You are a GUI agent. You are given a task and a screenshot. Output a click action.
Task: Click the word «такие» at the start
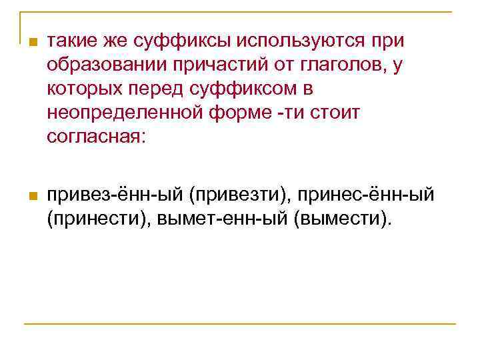pyautogui.click(x=73, y=41)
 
